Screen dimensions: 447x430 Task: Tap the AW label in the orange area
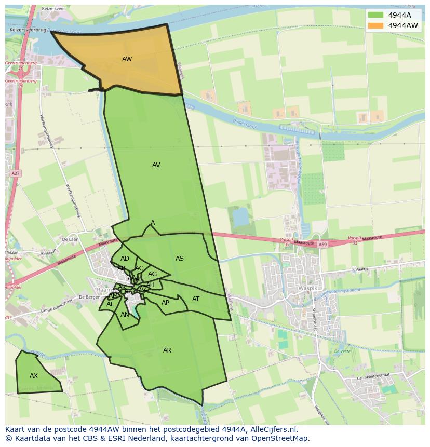[127, 59]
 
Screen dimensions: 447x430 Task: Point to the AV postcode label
[156, 165]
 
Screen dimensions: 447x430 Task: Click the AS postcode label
[180, 259]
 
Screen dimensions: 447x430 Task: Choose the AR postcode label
[167, 350]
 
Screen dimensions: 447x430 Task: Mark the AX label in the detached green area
[34, 376]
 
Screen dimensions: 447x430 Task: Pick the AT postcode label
[196, 299]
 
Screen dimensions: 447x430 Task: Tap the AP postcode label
[165, 303]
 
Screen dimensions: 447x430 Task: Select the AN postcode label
[125, 315]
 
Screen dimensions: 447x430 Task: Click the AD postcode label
[125, 259]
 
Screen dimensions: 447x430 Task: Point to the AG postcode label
[152, 274]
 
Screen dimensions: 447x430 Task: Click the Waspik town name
[307, 288]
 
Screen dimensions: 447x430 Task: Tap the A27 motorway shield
[16, 173]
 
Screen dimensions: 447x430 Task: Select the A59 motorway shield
[323, 244]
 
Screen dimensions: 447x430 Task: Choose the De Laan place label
[69, 239]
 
